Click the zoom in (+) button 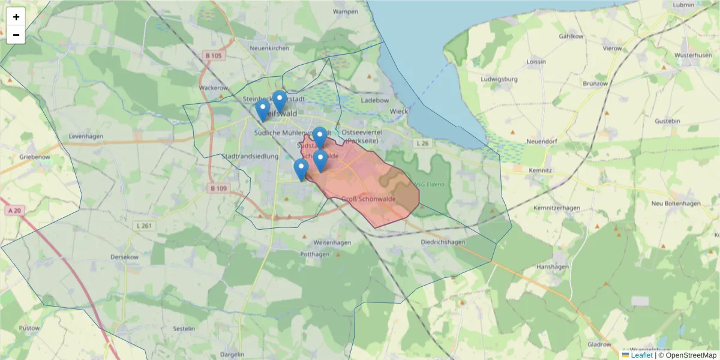(16, 17)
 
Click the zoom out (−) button (16, 35)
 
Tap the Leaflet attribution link (641, 355)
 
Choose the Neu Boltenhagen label (676, 203)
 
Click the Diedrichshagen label (443, 242)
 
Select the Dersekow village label (125, 257)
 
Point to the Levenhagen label (86, 136)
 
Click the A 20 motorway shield (16, 211)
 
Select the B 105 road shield (213, 56)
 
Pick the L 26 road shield (423, 143)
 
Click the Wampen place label (345, 11)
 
